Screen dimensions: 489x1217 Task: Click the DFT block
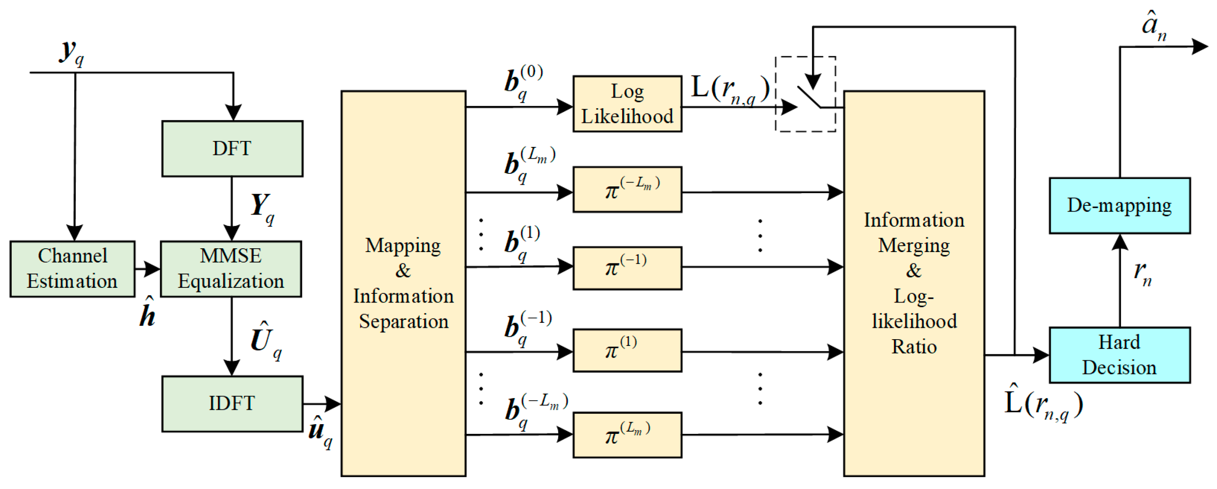tap(232, 149)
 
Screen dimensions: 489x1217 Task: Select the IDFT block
tap(232, 404)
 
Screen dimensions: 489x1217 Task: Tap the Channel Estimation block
tap(72, 269)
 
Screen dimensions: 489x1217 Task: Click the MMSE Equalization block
tap(231, 269)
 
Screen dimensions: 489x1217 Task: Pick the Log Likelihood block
tap(627, 104)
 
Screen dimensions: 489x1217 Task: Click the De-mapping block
tap(1119, 205)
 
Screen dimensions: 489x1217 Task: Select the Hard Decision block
tap(1119, 355)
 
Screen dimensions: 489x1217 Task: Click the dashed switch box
tap(805, 94)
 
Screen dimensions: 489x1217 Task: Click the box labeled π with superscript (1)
tap(627, 351)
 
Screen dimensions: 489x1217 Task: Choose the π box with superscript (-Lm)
tap(627, 189)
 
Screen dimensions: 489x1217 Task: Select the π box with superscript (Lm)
tap(627, 435)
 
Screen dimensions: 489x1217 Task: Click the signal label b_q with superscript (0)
tap(522, 81)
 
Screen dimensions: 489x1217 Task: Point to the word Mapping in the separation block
tap(403, 246)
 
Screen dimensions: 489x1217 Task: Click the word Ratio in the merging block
tap(914, 347)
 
